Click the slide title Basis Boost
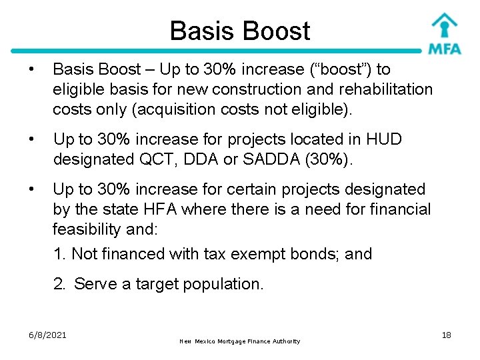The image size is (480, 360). coord(239,31)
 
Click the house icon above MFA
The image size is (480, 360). coord(444,24)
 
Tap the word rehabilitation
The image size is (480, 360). coord(386,89)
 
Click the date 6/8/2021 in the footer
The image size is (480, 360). coord(47,335)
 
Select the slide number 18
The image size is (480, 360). coord(446,335)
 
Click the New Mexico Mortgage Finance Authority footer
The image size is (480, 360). coord(240,341)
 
